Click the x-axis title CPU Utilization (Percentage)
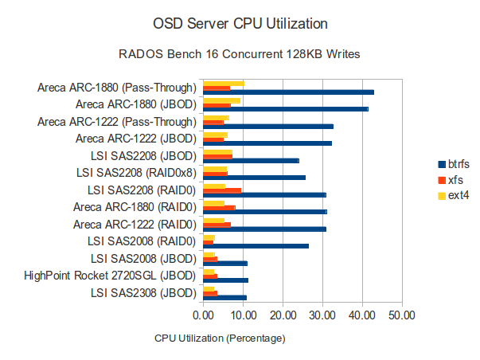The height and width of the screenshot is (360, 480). pyautogui.click(x=220, y=338)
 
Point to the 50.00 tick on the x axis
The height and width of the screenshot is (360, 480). pyautogui.click(x=402, y=315)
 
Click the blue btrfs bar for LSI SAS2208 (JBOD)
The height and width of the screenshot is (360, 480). pyautogui.click(x=251, y=161)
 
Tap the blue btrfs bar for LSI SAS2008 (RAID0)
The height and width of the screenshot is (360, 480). pyautogui.click(x=256, y=246)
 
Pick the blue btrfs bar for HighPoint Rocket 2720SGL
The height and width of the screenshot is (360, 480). pyautogui.click(x=225, y=280)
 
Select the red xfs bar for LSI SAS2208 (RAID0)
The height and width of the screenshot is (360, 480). pyautogui.click(x=222, y=190)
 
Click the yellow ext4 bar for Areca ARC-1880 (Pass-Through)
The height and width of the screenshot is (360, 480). pyautogui.click(x=223, y=83)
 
